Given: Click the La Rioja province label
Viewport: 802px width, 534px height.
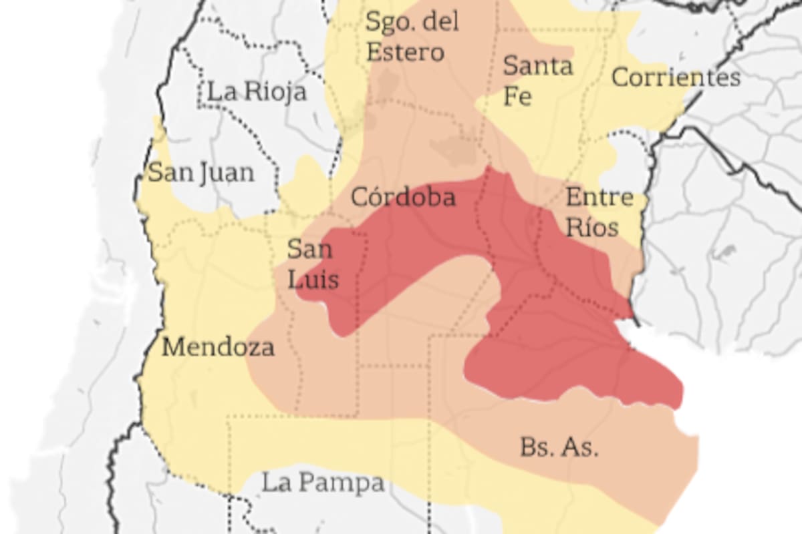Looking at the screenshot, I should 257,91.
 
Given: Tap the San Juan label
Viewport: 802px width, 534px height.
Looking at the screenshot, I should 201,173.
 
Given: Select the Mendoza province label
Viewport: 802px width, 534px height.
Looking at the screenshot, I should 218,347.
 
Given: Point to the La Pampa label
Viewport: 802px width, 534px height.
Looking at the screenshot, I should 323,483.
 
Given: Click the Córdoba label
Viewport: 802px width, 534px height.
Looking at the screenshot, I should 403,197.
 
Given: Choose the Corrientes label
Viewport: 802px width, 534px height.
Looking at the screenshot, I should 676,77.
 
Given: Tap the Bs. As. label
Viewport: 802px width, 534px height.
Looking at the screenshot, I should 559,447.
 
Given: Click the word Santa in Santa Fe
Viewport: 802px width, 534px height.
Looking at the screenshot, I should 538,66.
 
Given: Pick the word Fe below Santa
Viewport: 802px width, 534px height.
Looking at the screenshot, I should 517,96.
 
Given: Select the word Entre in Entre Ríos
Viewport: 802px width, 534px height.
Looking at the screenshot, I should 599,198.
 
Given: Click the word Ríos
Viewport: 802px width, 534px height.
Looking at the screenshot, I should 592,228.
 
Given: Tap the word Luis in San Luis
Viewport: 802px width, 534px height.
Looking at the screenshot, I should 313,279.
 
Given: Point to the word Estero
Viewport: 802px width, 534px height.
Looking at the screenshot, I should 405,52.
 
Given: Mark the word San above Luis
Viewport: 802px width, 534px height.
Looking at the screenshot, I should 309,249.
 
